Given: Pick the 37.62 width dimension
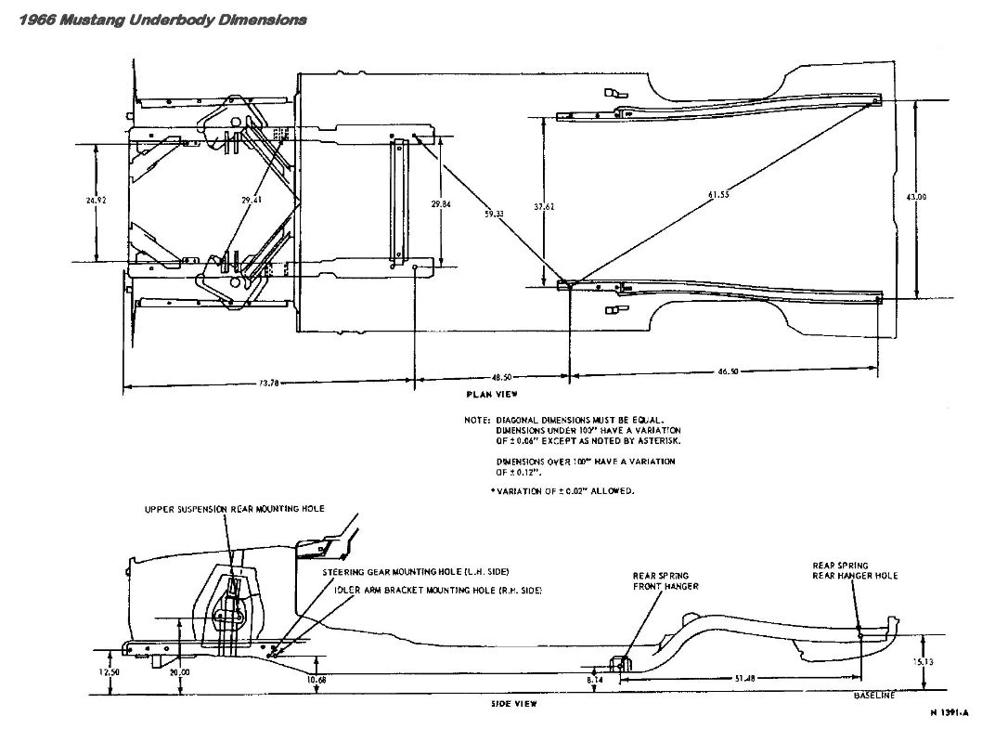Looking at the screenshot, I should point(544,207).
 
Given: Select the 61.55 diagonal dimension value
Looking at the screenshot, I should point(719,194).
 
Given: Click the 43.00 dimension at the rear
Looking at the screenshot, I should point(916,196).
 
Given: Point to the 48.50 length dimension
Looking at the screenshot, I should point(502,378).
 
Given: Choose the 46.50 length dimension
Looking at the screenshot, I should point(728,371).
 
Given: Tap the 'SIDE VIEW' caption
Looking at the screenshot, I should point(514,703).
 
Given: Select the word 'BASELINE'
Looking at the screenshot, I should point(874,696).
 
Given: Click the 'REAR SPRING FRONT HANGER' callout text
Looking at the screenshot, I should point(665,581).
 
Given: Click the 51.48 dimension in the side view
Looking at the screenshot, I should point(743,679).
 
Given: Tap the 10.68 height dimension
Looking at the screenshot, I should point(317,679).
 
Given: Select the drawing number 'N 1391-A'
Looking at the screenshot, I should point(949,712).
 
